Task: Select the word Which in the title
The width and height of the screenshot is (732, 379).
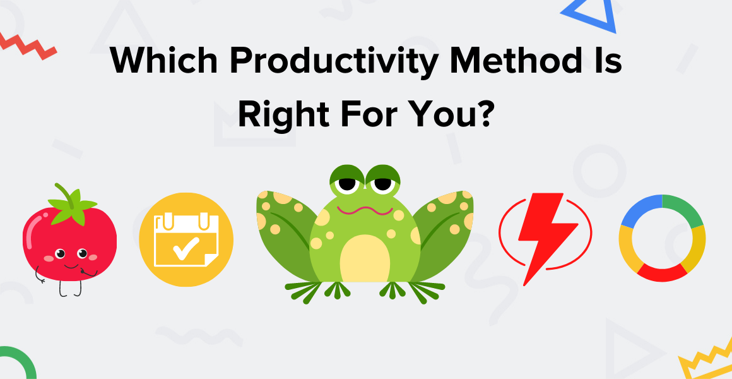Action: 163,60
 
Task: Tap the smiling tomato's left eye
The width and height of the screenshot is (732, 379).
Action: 60,254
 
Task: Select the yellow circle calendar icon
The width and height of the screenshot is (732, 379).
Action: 186,239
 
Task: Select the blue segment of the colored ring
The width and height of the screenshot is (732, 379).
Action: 637,210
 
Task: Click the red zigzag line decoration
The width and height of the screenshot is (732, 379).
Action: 28,46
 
